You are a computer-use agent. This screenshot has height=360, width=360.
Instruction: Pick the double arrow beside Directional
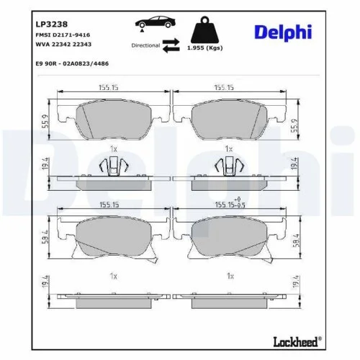coord(171,45)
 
